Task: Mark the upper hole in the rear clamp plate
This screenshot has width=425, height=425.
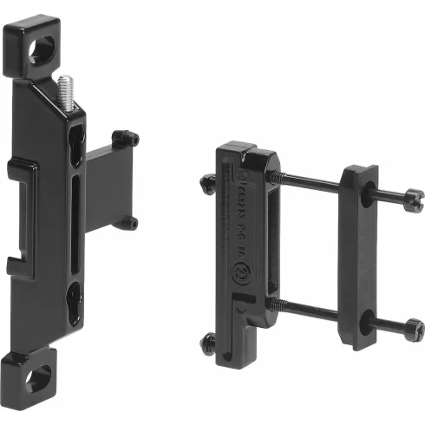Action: pyautogui.click(x=367, y=197)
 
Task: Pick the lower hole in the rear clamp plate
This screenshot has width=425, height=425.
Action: pyautogui.click(x=366, y=323)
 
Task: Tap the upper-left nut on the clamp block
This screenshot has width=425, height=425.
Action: pyautogui.click(x=208, y=183)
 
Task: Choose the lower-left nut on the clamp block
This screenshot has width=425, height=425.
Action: pyautogui.click(x=208, y=343)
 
